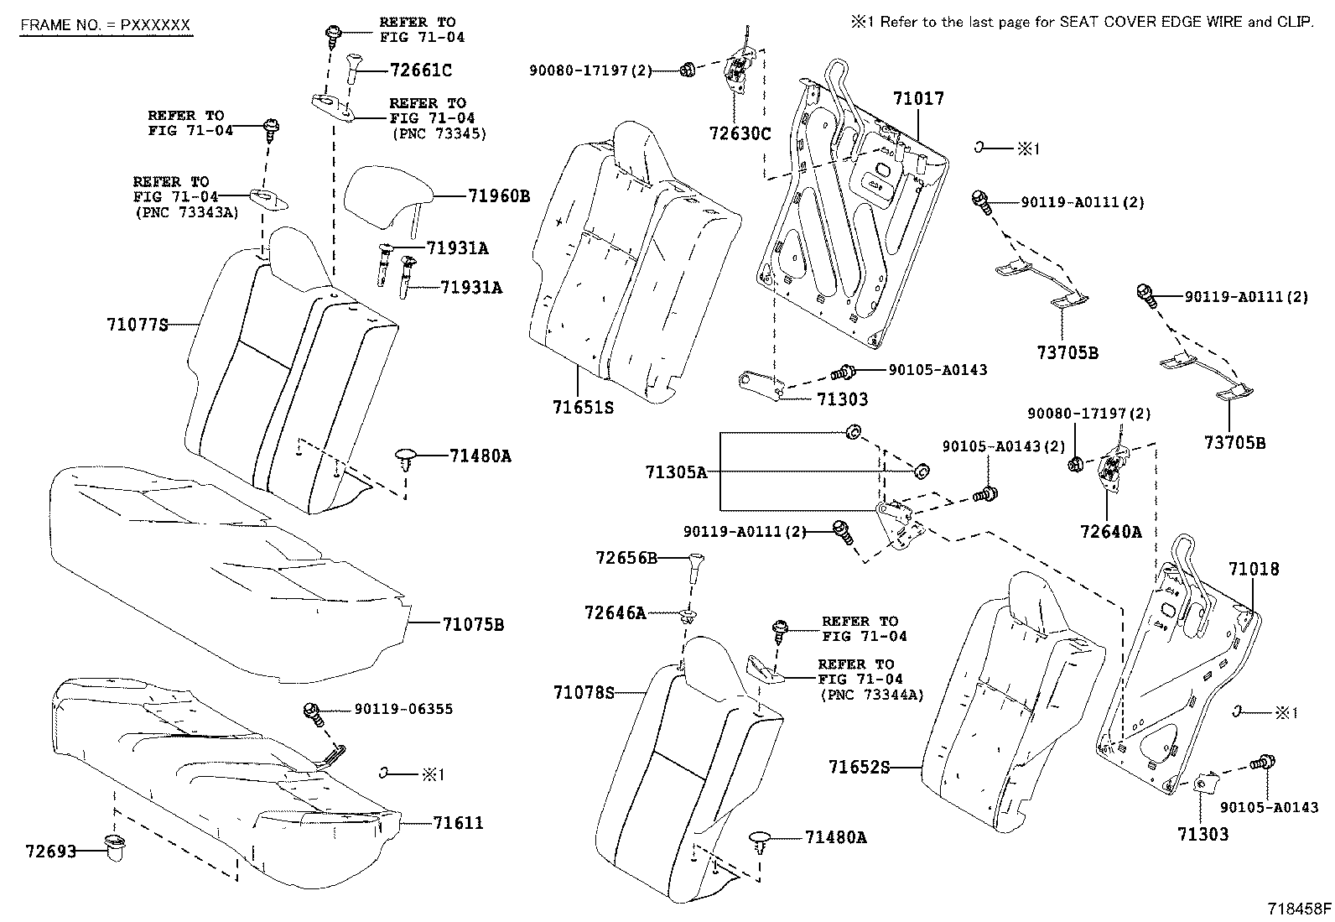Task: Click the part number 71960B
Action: pyautogui.click(x=498, y=196)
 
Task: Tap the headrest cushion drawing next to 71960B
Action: pyautogui.click(x=388, y=195)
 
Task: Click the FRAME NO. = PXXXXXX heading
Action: pyautogui.click(x=106, y=25)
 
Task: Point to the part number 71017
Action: pyautogui.click(x=917, y=98)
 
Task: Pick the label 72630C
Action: pyautogui.click(x=739, y=133)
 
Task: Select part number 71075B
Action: pyautogui.click(x=473, y=625)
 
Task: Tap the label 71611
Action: pyautogui.click(x=458, y=823)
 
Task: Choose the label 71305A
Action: pyautogui.click(x=676, y=473)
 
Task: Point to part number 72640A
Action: pyautogui.click(x=1110, y=532)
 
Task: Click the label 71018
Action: pyautogui.click(x=1254, y=570)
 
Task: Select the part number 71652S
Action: pyautogui.click(x=859, y=767)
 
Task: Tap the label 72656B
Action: pyautogui.click(x=626, y=558)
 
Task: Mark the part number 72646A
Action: pyautogui.click(x=616, y=613)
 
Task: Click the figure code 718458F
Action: pyautogui.click(x=1299, y=909)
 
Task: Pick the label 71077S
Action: pyautogui.click(x=138, y=324)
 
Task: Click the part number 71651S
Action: pyautogui.click(x=583, y=408)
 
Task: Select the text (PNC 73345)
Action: pyautogui.click(x=438, y=133)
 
